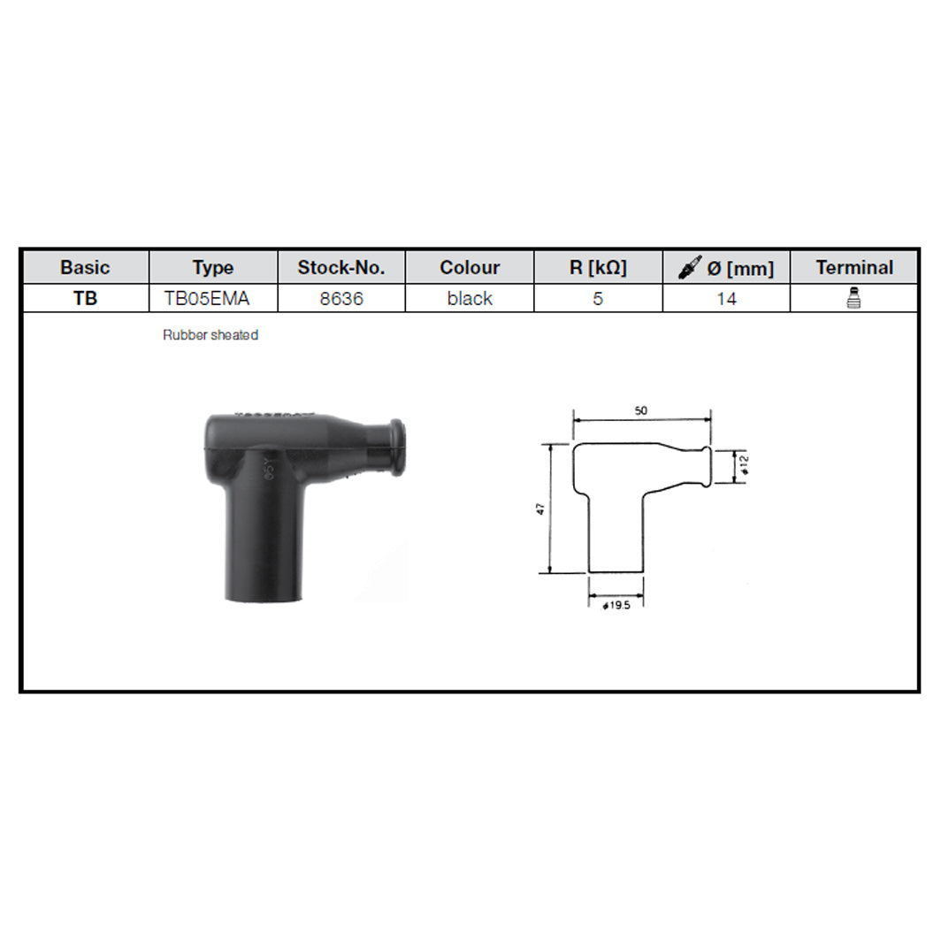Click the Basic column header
[x=86, y=267]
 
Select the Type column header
[x=212, y=267]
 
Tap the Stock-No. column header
[x=340, y=267]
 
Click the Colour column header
[x=470, y=267]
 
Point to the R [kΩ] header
[x=598, y=267]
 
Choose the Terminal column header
[x=854, y=267]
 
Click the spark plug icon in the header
[x=690, y=267]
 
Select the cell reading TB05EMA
[x=207, y=299]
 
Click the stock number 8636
[x=340, y=299]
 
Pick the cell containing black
[x=470, y=299]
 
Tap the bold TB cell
[x=86, y=299]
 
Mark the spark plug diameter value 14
[x=726, y=299]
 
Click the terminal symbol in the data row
[x=854, y=298]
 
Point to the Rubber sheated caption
[x=210, y=336]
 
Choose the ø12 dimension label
[x=746, y=466]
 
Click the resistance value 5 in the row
[x=598, y=299]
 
